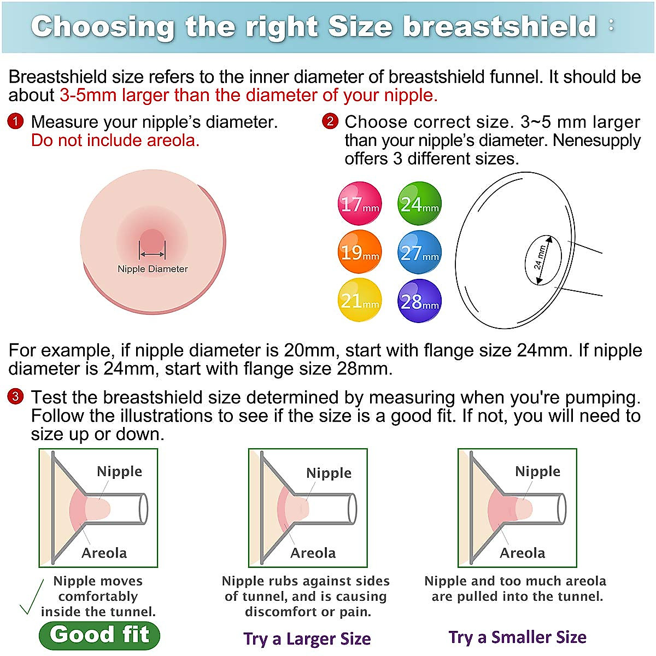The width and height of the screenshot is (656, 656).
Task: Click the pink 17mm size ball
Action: click(360, 203)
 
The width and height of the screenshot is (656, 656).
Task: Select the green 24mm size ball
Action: click(419, 203)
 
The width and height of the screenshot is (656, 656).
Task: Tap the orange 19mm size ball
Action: click(360, 252)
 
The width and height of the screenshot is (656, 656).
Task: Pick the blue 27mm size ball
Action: click(419, 252)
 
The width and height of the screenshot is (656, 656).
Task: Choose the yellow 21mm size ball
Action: click(360, 300)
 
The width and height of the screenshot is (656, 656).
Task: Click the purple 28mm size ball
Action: click(419, 300)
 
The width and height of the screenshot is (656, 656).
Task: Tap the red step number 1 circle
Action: click(15, 121)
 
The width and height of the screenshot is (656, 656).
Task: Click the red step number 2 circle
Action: click(330, 121)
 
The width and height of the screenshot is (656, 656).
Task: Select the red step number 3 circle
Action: click(15, 396)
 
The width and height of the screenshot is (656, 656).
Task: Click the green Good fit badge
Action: click(99, 635)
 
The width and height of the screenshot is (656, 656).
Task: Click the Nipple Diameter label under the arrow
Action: click(153, 269)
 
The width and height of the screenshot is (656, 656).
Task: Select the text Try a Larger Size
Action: click(307, 639)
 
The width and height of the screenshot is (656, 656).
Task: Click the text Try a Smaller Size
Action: click(518, 637)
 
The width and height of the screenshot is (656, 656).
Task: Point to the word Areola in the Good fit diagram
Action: click(104, 553)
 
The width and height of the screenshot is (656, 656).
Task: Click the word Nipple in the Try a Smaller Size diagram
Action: click(537, 471)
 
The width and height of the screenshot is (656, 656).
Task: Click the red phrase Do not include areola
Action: click(115, 140)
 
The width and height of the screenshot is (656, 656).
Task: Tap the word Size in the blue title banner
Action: click(360, 27)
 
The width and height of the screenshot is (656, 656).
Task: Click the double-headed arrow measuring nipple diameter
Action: click(152, 254)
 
